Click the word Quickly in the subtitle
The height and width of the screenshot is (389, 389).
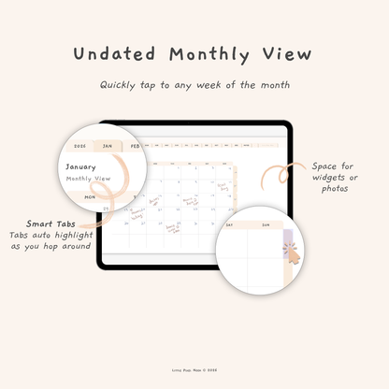[119, 85]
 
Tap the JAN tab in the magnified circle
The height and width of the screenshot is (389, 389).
[109, 147]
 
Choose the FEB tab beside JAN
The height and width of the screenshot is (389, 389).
[137, 147]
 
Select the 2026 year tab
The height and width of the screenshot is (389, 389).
[79, 147]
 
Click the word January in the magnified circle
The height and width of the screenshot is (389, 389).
[81, 168]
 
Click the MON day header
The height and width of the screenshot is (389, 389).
[91, 197]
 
